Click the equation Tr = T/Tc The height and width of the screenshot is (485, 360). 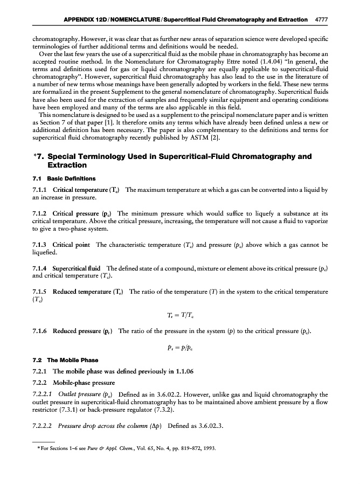coord(180,315)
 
